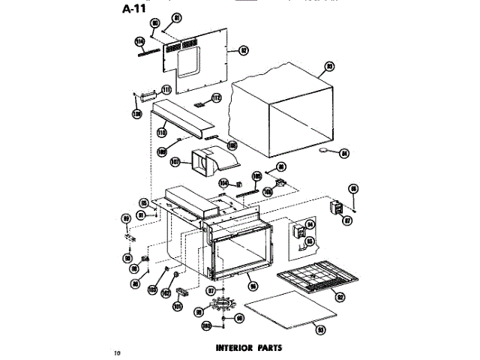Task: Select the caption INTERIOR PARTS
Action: click(247, 348)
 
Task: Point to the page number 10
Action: click(116, 352)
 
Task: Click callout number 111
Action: click(166, 89)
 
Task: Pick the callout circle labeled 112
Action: click(217, 98)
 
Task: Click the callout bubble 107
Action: click(175, 161)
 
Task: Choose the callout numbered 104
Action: click(223, 182)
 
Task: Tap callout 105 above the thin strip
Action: click(256, 177)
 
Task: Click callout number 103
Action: click(152, 289)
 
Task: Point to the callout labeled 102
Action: click(166, 295)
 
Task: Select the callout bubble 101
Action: click(178, 307)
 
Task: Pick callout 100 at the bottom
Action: click(205, 326)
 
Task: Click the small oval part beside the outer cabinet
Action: click(325, 152)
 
